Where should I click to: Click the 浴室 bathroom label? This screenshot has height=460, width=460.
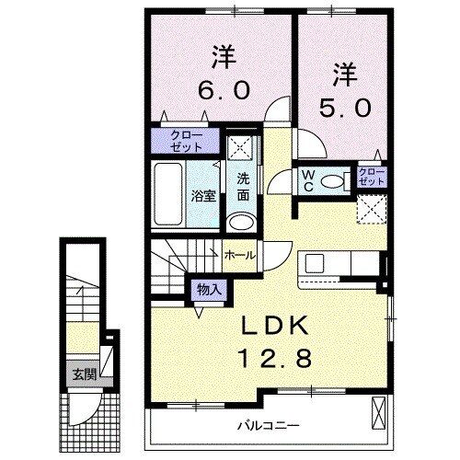[x=203, y=195]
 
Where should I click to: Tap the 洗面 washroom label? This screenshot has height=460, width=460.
[x=243, y=187]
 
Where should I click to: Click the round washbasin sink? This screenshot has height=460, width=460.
[x=242, y=222]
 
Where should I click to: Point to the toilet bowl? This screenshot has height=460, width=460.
[x=334, y=180]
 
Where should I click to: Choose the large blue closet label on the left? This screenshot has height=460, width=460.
[x=186, y=141]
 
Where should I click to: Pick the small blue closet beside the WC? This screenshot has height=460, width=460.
[x=371, y=176]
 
